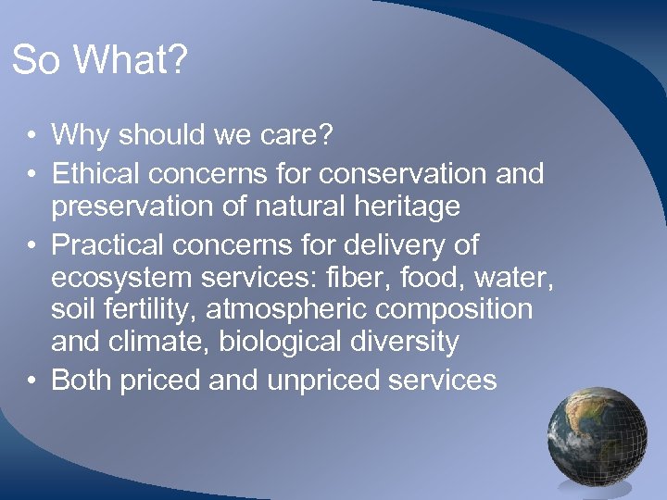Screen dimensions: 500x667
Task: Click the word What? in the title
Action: (x=131, y=62)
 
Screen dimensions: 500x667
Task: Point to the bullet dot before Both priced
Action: (x=31, y=380)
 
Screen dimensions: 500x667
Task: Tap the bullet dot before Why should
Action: (x=31, y=136)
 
